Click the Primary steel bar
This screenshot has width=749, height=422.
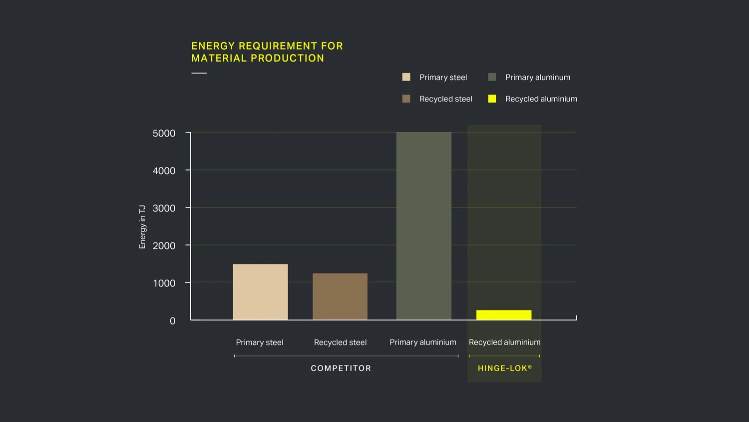pyautogui.click(x=260, y=292)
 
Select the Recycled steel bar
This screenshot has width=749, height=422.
pyautogui.click(x=340, y=296)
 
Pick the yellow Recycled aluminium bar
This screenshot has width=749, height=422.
pyautogui.click(x=504, y=315)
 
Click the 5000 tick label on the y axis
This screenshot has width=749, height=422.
pyautogui.click(x=164, y=133)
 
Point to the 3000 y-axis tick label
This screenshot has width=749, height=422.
pyautogui.click(x=164, y=208)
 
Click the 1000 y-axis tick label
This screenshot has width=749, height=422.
pyautogui.click(x=164, y=283)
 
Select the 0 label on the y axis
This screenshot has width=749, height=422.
pyautogui.click(x=172, y=321)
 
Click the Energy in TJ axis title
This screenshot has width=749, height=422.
pyautogui.click(x=142, y=226)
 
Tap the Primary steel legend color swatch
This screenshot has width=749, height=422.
pyautogui.click(x=406, y=77)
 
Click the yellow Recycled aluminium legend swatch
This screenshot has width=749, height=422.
pyautogui.click(x=492, y=99)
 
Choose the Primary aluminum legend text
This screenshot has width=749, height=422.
pyautogui.click(x=537, y=77)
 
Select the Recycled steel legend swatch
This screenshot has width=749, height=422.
pyautogui.click(x=406, y=99)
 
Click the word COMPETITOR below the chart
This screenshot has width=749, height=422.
pyautogui.click(x=341, y=368)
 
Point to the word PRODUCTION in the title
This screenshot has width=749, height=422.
pyautogui.click(x=287, y=58)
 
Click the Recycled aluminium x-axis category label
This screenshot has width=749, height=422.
pyautogui.click(x=504, y=342)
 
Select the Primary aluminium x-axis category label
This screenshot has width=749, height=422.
pyautogui.click(x=423, y=342)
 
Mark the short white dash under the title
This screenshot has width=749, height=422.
pyautogui.click(x=199, y=73)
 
